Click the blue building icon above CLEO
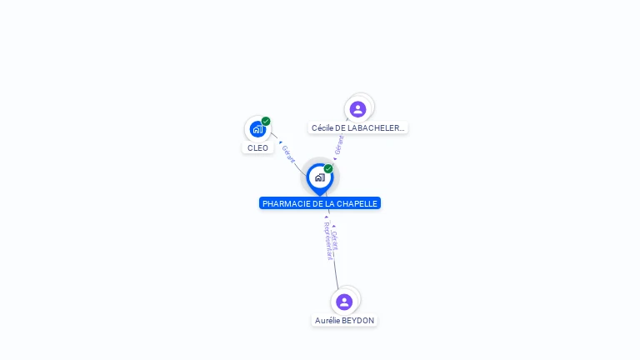[x=257, y=129]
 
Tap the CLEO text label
[x=257, y=147]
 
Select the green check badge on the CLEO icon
[x=266, y=121]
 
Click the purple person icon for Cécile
[x=358, y=109]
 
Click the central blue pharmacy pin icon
[x=319, y=177]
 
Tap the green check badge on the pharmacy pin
[x=328, y=168]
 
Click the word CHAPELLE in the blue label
[x=358, y=203]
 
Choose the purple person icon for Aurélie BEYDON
[x=344, y=302]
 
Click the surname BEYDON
[x=358, y=320]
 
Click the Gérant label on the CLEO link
[x=288, y=153]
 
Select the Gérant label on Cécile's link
[x=339, y=144]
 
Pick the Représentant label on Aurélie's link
[x=327, y=242]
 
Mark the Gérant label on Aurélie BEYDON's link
[x=335, y=239]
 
